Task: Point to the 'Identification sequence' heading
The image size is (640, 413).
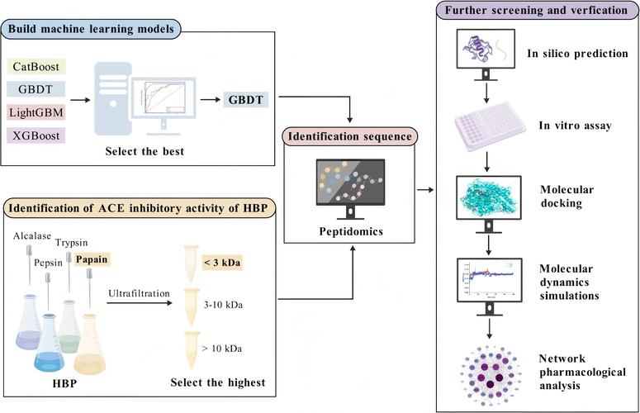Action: click(x=349, y=134)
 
